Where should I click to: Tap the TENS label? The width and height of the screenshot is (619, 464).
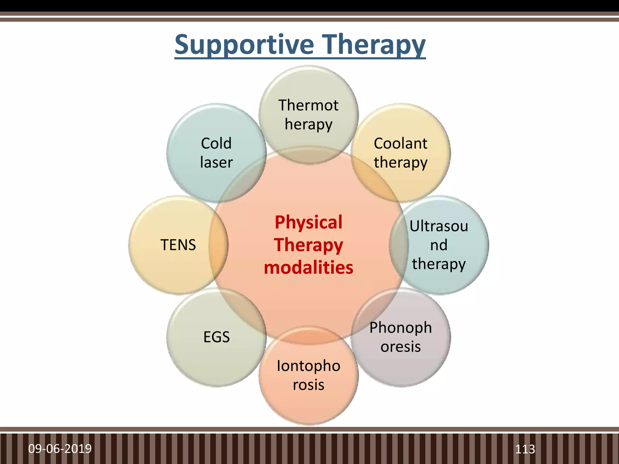178,245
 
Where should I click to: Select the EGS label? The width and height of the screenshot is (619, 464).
216,337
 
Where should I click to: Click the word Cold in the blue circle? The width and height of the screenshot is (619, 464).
216,143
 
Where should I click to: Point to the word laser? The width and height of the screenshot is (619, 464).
216,163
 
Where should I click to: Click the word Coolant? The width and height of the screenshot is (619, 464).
400,143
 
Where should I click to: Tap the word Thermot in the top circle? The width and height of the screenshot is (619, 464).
308,105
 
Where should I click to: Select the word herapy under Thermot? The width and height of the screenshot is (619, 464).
308,124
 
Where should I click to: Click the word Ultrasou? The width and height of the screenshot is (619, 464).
439,226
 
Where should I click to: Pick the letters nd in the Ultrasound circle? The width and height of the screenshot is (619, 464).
439,245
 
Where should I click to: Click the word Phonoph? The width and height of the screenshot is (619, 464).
400,327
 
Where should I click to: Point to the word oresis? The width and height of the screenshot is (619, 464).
400,346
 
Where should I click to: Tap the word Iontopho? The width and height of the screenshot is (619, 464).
308,366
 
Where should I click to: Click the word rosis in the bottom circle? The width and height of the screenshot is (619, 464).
308,385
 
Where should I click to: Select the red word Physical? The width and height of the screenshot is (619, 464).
308,222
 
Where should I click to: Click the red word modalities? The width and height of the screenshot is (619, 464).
308,268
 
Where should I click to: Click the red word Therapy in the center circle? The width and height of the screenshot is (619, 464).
308,245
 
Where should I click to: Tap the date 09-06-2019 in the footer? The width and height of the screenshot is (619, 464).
60,449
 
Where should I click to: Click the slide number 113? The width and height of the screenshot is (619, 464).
525,449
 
